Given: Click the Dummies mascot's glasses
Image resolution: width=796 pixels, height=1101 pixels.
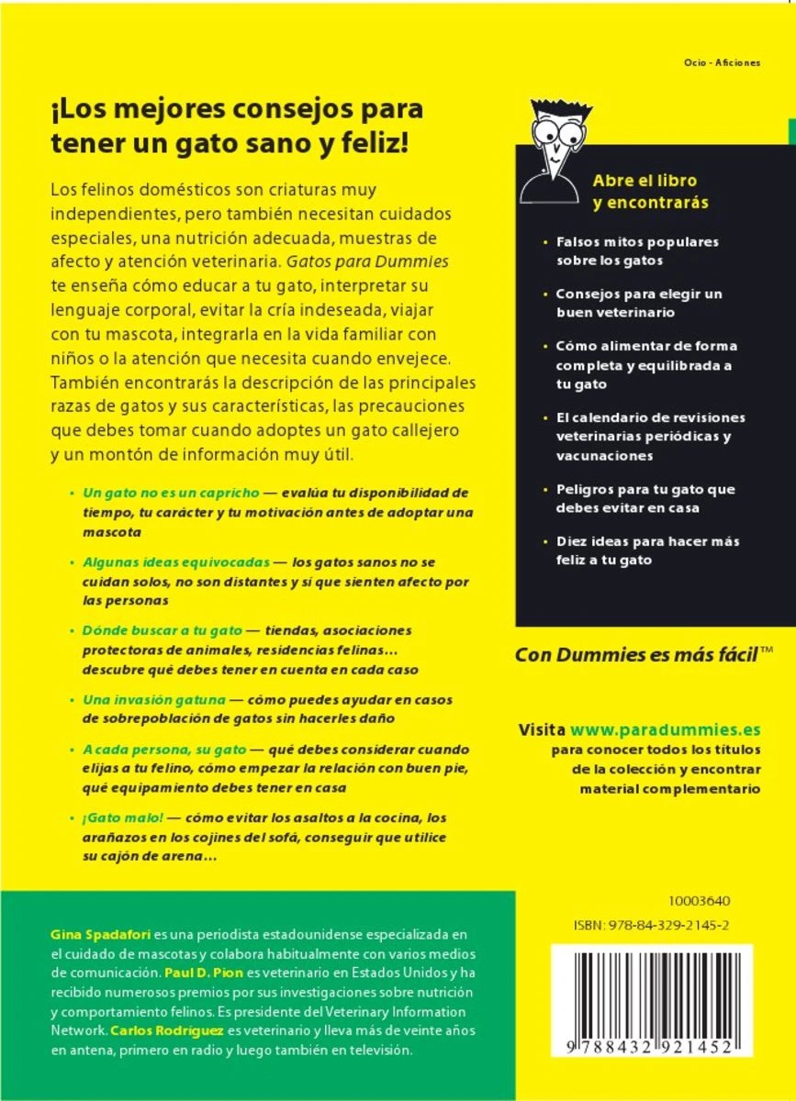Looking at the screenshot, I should [x=557, y=131].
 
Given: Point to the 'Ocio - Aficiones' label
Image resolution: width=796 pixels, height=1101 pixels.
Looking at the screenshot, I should [x=722, y=62].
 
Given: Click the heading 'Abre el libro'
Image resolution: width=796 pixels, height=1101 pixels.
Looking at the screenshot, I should [x=645, y=180].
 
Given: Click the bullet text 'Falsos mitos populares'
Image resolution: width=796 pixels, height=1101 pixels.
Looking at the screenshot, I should [x=637, y=242].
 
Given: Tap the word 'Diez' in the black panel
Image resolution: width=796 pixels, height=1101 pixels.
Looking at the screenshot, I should [x=572, y=541].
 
